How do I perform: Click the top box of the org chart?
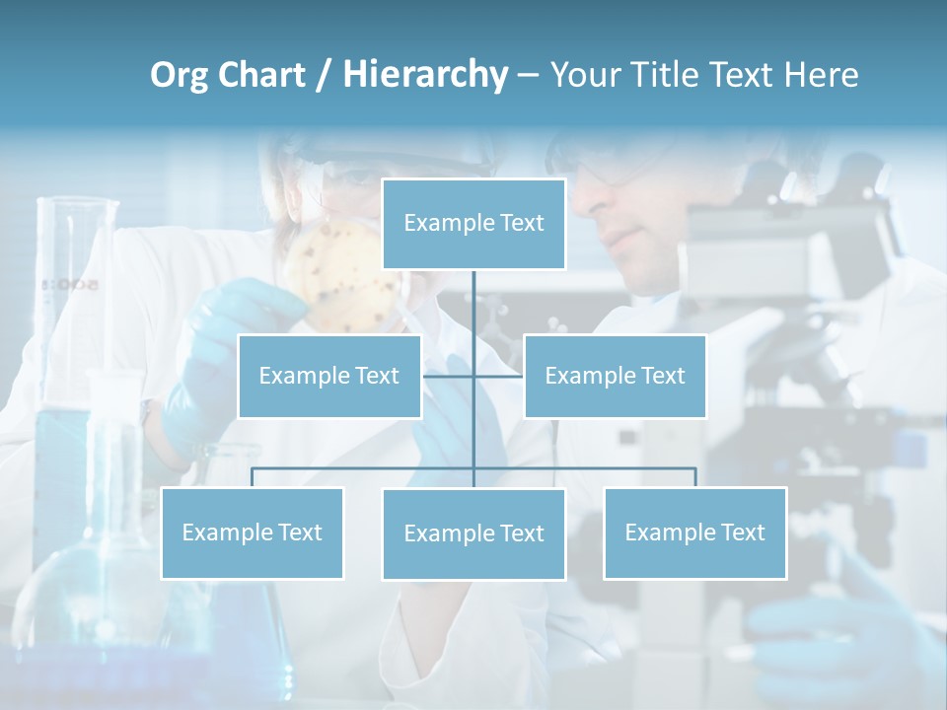(473, 224)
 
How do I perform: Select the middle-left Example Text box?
(329, 376)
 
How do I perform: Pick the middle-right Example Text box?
(615, 376)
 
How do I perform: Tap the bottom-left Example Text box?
(252, 532)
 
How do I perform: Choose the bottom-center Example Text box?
(473, 533)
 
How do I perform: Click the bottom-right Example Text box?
(694, 532)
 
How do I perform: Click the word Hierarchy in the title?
(425, 75)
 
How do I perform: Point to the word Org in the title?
(178, 75)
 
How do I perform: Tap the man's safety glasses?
(617, 168)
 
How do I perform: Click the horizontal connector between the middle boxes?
(473, 376)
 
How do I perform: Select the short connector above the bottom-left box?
(252, 477)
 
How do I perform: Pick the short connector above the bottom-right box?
(695, 477)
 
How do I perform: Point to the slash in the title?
(323, 75)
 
